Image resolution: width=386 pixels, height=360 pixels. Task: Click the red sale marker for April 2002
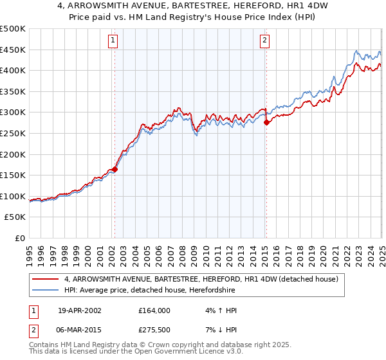pyautogui.click(x=115, y=170)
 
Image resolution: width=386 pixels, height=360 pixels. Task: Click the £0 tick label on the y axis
pyautogui.click(x=19, y=238)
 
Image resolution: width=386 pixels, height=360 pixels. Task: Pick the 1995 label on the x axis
pyautogui.click(x=30, y=253)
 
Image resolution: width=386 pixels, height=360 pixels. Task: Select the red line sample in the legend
pyautogui.click(x=46, y=280)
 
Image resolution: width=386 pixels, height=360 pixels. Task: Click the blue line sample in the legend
pyautogui.click(x=46, y=291)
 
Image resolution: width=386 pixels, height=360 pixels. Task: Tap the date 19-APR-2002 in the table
pyautogui.click(x=80, y=310)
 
